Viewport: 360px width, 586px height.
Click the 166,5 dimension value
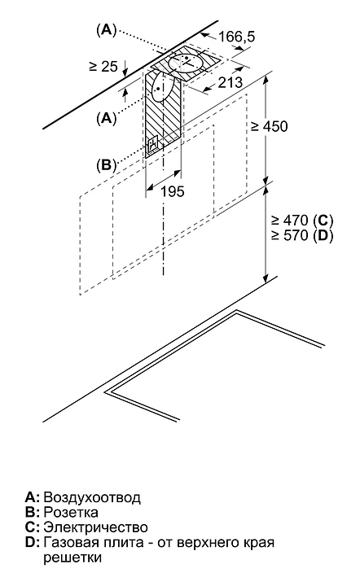coord(236,37)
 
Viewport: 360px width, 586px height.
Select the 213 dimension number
coord(230,82)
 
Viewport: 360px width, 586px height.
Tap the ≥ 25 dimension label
coord(103,67)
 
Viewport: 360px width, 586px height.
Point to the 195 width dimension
coord(173,191)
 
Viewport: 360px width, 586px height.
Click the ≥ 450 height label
coord(270,126)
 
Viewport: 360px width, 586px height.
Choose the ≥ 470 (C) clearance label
coord(302,220)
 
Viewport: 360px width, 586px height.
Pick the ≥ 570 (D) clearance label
coord(302,235)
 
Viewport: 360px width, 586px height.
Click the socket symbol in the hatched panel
coord(153,144)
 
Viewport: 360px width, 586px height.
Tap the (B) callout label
coord(107,164)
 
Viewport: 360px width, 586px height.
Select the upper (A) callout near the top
coord(107,30)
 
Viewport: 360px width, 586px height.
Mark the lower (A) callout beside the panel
coord(107,119)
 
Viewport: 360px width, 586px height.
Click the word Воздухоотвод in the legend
coord(92,497)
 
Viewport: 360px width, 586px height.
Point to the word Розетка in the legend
coord(71,512)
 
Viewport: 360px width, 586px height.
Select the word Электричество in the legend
coord(95,527)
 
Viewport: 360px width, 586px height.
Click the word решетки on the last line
coord(72,558)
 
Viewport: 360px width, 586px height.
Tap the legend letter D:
coord(32,543)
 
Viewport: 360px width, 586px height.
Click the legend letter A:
coord(32,497)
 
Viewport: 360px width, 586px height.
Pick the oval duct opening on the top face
coord(186,63)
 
